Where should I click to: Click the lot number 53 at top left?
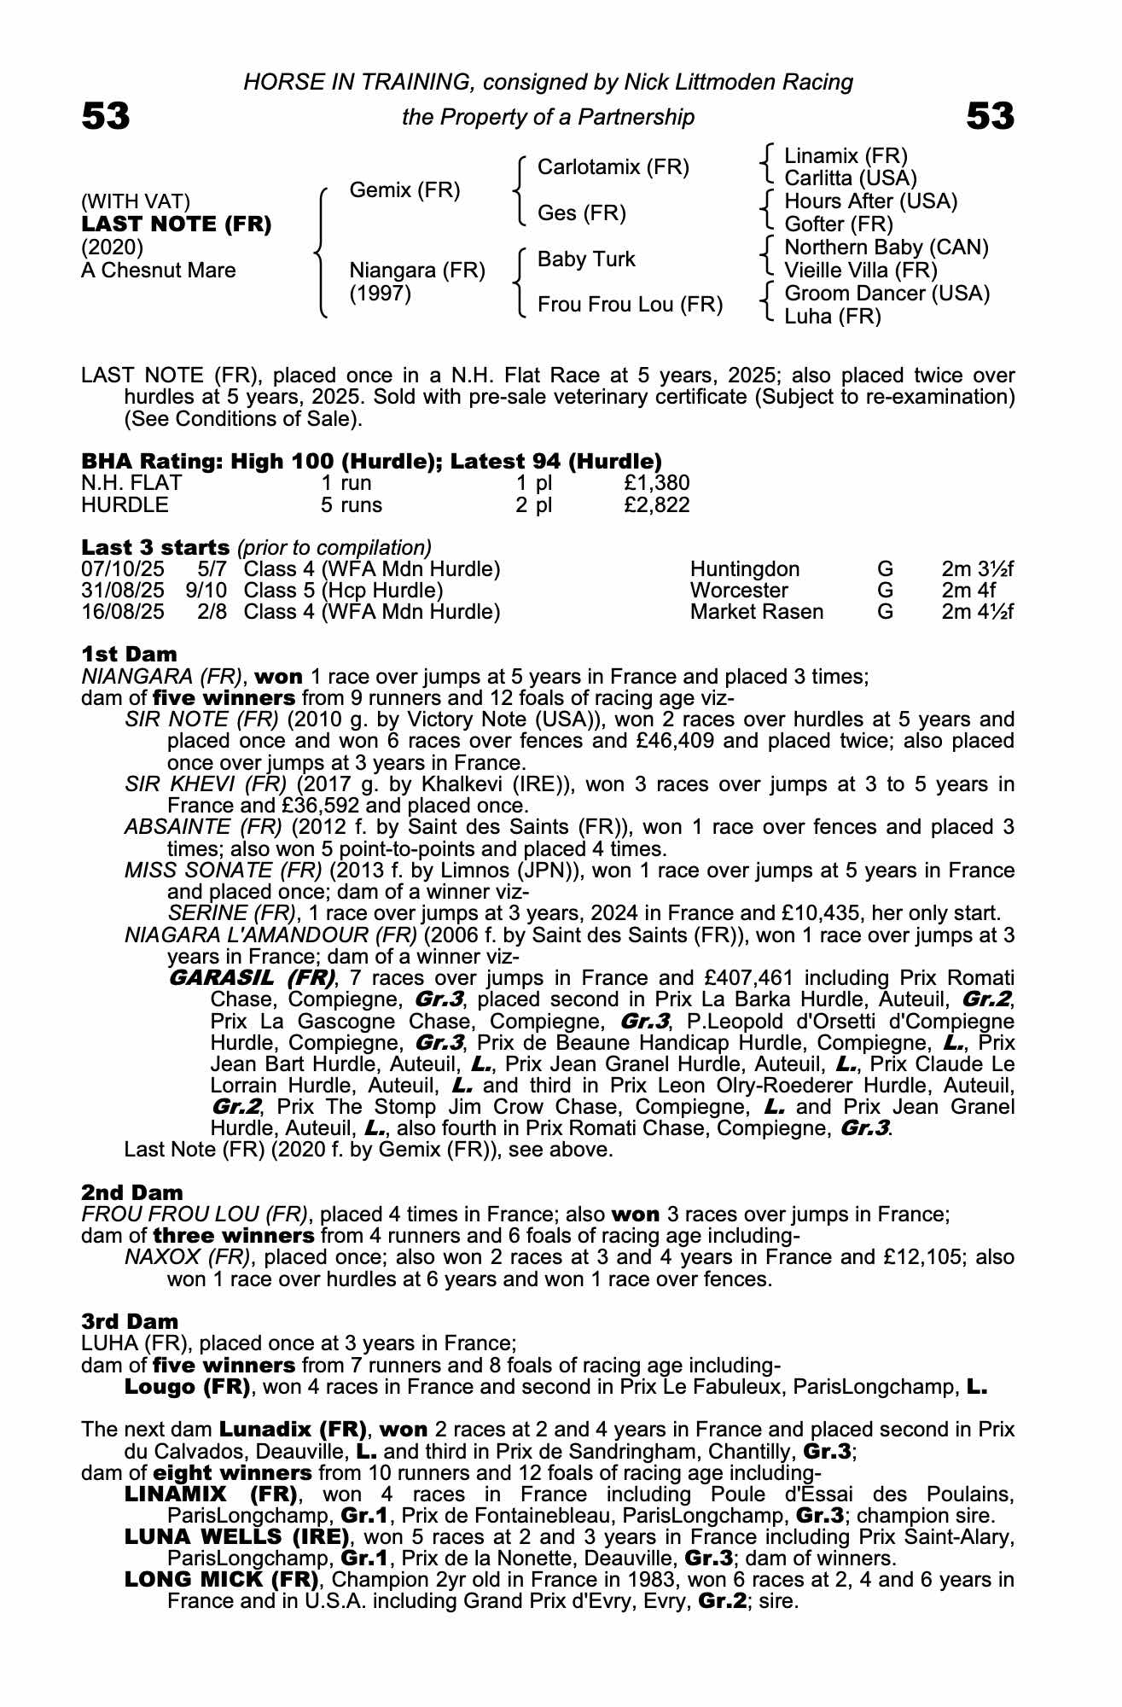[x=106, y=117]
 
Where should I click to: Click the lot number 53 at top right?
[x=990, y=117]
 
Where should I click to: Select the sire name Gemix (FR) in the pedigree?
[x=404, y=190]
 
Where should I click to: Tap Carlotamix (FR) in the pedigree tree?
[x=613, y=167]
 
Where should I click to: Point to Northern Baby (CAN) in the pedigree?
[x=886, y=248]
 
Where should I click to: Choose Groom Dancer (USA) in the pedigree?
[x=887, y=294]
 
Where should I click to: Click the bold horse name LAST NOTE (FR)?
[x=177, y=224]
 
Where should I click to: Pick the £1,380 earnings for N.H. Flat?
[x=656, y=483]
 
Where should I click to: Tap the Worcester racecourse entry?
[x=739, y=591]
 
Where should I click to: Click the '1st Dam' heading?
[x=129, y=655]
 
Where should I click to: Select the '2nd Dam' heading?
[x=132, y=1192]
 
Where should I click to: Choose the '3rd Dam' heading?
[x=130, y=1322]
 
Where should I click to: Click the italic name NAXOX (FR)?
[x=188, y=1257]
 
